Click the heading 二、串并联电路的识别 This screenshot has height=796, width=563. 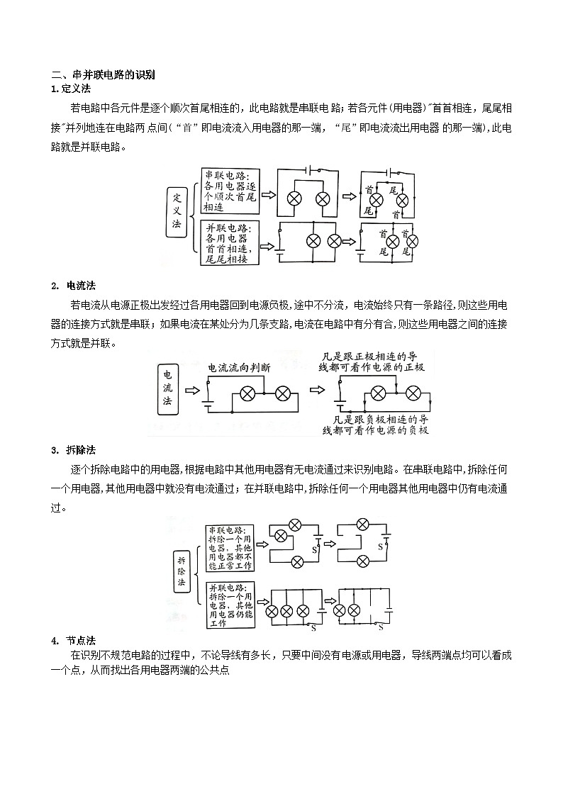pyautogui.click(x=103, y=74)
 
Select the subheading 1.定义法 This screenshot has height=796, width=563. pyautogui.click(x=71, y=89)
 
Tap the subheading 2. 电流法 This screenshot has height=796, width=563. pyautogui.click(x=74, y=286)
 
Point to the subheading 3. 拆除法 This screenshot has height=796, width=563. pyautogui.click(x=74, y=450)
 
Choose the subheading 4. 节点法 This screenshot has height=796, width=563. pyautogui.click(x=74, y=640)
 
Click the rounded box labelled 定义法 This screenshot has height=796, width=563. pyautogui.click(x=177, y=211)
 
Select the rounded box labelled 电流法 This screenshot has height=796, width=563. pyautogui.click(x=167, y=388)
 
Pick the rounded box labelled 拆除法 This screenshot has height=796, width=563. pyautogui.click(x=182, y=571)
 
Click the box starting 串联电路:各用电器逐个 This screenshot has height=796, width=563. pyautogui.click(x=230, y=192)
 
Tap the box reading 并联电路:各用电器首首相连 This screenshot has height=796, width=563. pyautogui.click(x=230, y=243)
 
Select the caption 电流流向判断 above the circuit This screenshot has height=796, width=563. pyautogui.click(x=239, y=367)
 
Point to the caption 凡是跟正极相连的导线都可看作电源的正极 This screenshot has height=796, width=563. pyautogui.click(x=372, y=361)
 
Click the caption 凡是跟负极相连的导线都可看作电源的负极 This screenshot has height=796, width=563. pyautogui.click(x=376, y=425)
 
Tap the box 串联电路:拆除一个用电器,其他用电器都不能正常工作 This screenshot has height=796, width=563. pyautogui.click(x=230, y=548)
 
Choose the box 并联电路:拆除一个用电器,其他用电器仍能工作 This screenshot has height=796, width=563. pyautogui.click(x=230, y=605)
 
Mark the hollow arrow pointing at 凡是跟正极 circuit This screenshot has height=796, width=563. pyautogui.click(x=317, y=390)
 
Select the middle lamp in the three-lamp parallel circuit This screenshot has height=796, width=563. pyautogui.click(x=287, y=611)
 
